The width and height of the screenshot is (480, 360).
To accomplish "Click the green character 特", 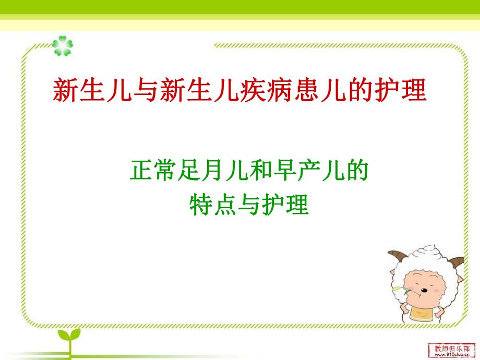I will [200, 205].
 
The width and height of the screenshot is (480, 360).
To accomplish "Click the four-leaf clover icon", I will [63, 46].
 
